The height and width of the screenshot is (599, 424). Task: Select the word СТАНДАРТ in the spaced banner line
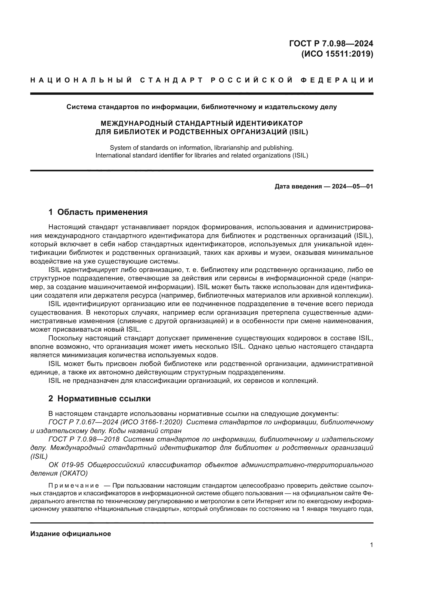tap(171, 80)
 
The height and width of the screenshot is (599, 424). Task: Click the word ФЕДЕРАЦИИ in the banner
tap(337, 80)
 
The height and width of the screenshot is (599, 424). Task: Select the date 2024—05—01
tap(352, 186)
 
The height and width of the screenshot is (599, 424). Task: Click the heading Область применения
tap(102, 212)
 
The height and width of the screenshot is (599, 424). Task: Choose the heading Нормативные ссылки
tap(104, 399)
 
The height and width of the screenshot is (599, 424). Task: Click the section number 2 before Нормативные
tap(51, 399)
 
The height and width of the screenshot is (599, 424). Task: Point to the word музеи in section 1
tap(279, 253)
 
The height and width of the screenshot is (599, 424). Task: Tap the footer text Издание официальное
tap(70, 534)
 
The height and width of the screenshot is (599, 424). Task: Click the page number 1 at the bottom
tap(371, 545)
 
